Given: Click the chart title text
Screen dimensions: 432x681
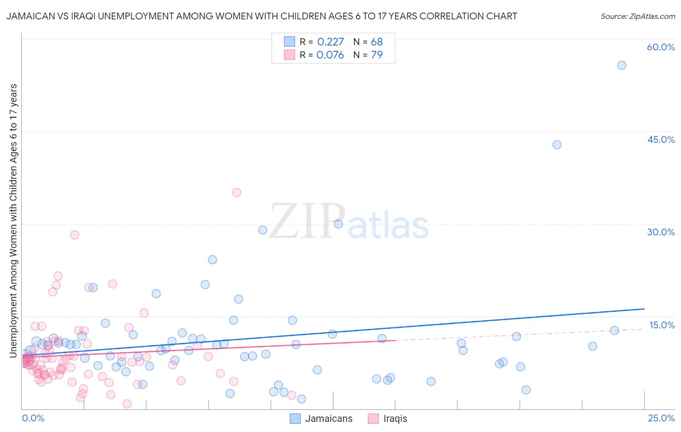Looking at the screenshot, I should [262, 16].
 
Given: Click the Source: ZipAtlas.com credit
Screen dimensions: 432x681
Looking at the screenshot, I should [637, 16].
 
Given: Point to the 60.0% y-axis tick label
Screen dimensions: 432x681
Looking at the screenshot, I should [661, 47].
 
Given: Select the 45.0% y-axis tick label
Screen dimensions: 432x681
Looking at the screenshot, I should [661, 139].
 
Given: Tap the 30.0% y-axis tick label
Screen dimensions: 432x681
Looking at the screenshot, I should [661, 232].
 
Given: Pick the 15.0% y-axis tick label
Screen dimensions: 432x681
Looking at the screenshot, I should [662, 325].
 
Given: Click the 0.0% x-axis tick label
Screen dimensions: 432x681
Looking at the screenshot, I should [33, 418].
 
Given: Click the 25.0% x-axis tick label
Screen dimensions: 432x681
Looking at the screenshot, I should [661, 418].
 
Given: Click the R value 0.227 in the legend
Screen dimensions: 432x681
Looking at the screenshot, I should [330, 42].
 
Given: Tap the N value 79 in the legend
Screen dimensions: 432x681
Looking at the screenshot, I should [376, 55].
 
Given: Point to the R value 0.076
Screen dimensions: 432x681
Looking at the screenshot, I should [330, 55].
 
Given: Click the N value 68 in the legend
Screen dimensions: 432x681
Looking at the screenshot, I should [376, 42].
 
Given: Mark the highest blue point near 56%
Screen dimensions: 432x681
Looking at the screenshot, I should [621, 65].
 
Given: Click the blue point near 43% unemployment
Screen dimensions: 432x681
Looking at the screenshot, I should [557, 145].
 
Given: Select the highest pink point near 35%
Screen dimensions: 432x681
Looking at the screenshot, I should [236, 192].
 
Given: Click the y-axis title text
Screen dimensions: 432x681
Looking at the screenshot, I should [14, 220].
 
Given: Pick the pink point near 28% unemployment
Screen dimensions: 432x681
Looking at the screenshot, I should [74, 235].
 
